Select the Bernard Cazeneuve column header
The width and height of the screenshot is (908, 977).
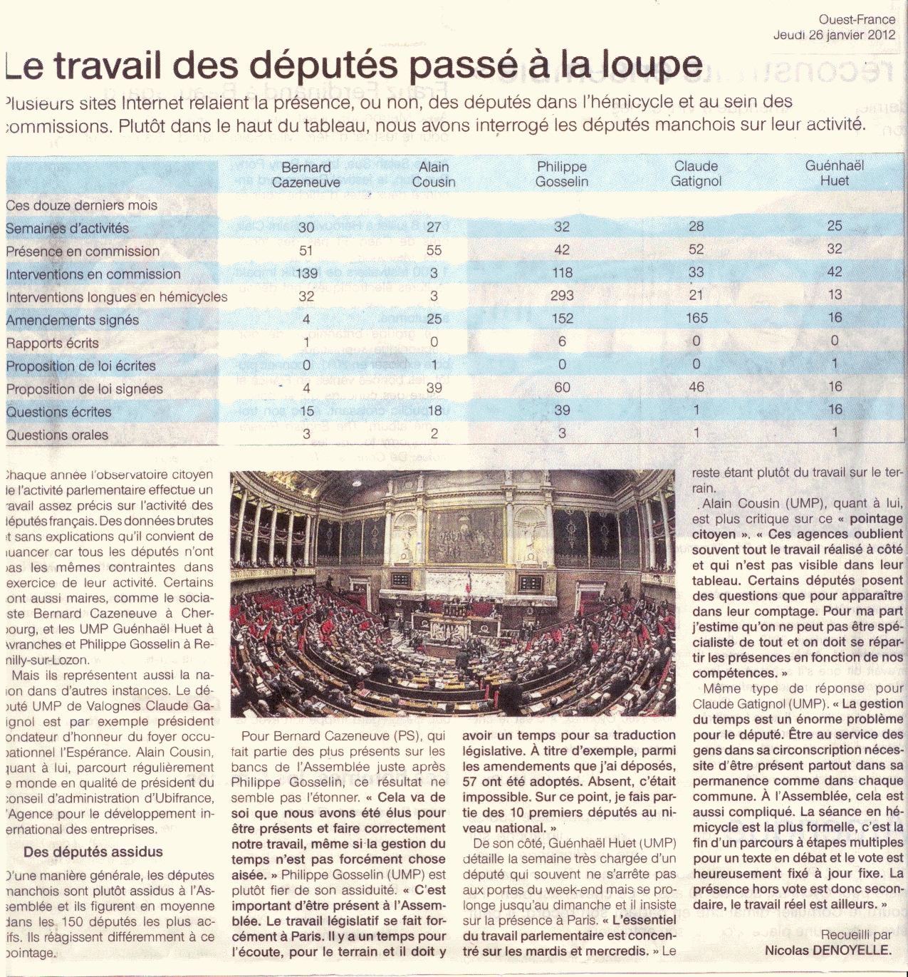click(306, 175)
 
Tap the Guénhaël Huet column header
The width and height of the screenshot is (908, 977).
click(835, 173)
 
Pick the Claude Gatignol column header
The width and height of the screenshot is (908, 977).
click(696, 174)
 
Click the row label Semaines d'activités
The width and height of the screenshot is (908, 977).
click(68, 229)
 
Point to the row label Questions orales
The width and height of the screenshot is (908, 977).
click(57, 435)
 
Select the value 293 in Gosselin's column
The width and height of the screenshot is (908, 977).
click(562, 296)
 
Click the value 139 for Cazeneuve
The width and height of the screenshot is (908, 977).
click(306, 273)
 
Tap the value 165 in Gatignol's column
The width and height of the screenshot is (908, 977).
click(696, 319)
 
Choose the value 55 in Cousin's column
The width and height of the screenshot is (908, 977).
click(434, 250)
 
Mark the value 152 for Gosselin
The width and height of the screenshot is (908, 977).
click(562, 319)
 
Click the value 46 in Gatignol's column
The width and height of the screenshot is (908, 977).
click(696, 387)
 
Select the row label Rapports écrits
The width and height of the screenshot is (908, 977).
click(53, 343)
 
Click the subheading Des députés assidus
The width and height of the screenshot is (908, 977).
click(93, 852)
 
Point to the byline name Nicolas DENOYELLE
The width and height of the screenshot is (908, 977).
click(828, 950)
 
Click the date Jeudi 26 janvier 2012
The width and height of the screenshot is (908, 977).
click(834, 34)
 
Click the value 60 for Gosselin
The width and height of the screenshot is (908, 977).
click(562, 387)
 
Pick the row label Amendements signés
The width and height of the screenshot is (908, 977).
click(73, 320)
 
